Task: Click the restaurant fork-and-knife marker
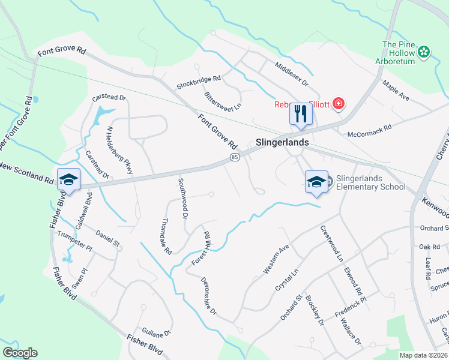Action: (x=300, y=113)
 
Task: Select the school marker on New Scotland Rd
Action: (x=68, y=179)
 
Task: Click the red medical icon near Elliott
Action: (x=339, y=104)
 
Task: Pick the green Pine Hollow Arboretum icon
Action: (x=424, y=52)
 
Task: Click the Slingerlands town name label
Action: (x=282, y=143)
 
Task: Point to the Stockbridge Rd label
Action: (x=199, y=82)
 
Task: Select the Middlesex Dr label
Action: (x=291, y=74)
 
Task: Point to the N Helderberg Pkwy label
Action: (x=119, y=151)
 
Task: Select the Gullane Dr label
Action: (x=157, y=331)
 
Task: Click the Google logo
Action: (x=20, y=353)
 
